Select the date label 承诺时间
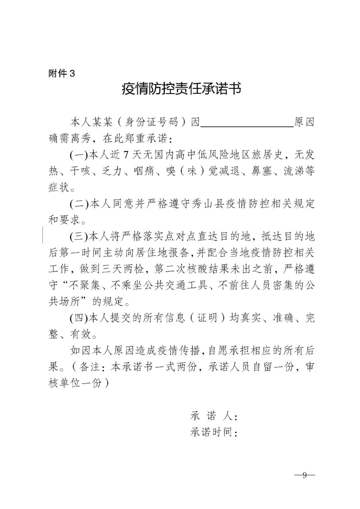click(x=213, y=432)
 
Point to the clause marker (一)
click(x=78, y=155)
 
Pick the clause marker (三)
click(x=78, y=237)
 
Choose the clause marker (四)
click(x=78, y=318)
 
